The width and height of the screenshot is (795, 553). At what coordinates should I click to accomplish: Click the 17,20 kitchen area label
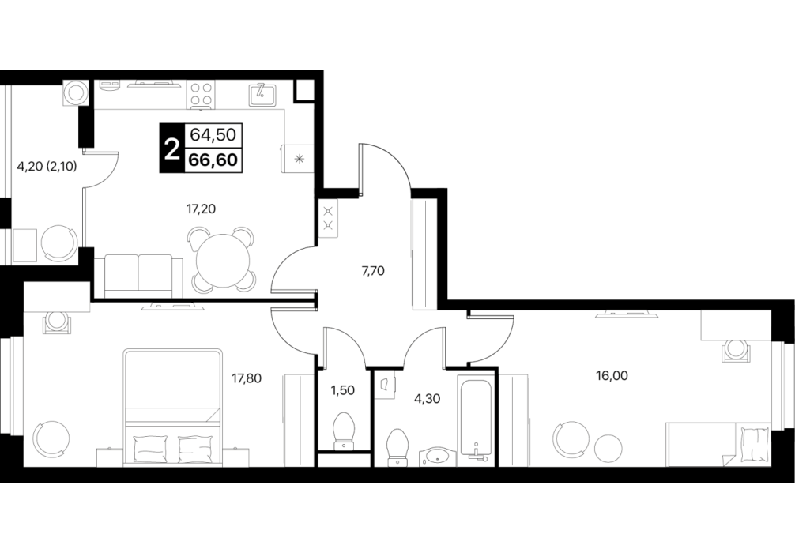pos(202,209)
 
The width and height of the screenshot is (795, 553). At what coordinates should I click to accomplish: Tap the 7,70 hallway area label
pos(373,271)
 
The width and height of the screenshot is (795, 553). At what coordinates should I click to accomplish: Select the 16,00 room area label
pos(612,375)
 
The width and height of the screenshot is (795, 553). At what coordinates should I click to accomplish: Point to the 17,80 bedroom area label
pos(247,378)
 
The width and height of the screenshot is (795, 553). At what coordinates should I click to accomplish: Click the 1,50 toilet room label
pos(342,390)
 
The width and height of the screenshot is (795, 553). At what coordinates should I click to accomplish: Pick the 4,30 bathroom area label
pos(427,399)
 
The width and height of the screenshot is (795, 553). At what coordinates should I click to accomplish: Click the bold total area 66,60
pos(213,160)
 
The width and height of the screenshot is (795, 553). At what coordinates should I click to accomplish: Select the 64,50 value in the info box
pos(213,135)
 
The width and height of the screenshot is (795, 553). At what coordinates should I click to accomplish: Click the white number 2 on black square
pos(171,148)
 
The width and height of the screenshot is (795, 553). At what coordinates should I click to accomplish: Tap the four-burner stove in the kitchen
pos(202,95)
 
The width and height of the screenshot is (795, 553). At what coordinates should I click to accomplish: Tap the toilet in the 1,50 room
pos(344,431)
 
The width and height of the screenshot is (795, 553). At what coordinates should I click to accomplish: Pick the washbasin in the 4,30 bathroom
pos(438,456)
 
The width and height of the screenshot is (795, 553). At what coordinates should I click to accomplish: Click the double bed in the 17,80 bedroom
pos(173,407)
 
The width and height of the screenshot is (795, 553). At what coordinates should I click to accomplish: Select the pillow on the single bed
pos(755,445)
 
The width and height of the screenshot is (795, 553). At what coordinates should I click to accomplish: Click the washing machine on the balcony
pos(76,92)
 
